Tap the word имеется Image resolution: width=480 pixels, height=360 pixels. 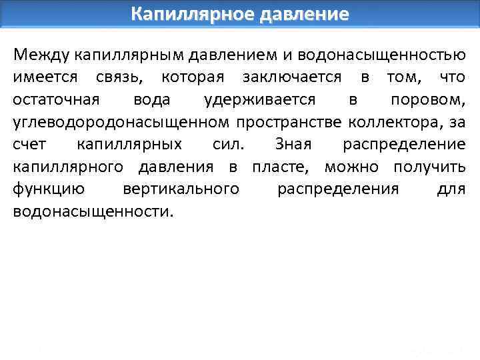point(43,77)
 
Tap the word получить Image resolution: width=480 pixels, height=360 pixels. point(429,167)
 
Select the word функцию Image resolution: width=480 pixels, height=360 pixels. point(48,190)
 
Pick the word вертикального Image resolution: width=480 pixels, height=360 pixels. point(181,190)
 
